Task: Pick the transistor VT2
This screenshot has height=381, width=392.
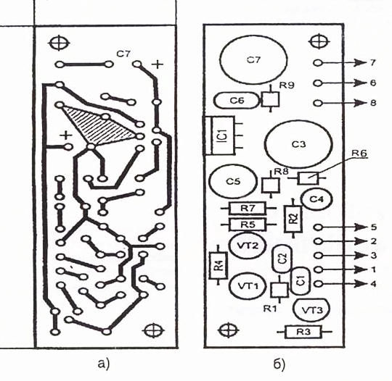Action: click(x=248, y=246)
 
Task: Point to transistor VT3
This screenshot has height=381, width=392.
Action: click(x=311, y=310)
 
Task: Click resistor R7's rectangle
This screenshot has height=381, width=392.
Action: click(x=247, y=208)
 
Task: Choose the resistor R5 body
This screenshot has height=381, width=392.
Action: click(x=247, y=225)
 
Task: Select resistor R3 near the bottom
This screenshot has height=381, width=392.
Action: click(x=303, y=332)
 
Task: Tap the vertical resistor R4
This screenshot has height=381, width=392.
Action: click(x=219, y=265)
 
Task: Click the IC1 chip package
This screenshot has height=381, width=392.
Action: click(x=220, y=135)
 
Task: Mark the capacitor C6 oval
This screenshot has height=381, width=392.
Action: click(x=237, y=100)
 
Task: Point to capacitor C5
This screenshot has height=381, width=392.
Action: click(x=234, y=181)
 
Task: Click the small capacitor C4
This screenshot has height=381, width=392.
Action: click(x=317, y=199)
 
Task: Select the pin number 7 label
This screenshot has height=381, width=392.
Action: click(x=372, y=62)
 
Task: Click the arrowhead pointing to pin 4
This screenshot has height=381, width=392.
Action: click(x=361, y=284)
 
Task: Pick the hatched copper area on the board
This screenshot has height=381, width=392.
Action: click(x=100, y=125)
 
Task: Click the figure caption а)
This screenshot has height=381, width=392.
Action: click(x=104, y=364)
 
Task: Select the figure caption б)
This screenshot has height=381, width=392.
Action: click(x=279, y=364)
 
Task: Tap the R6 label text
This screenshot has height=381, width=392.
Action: click(x=359, y=154)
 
